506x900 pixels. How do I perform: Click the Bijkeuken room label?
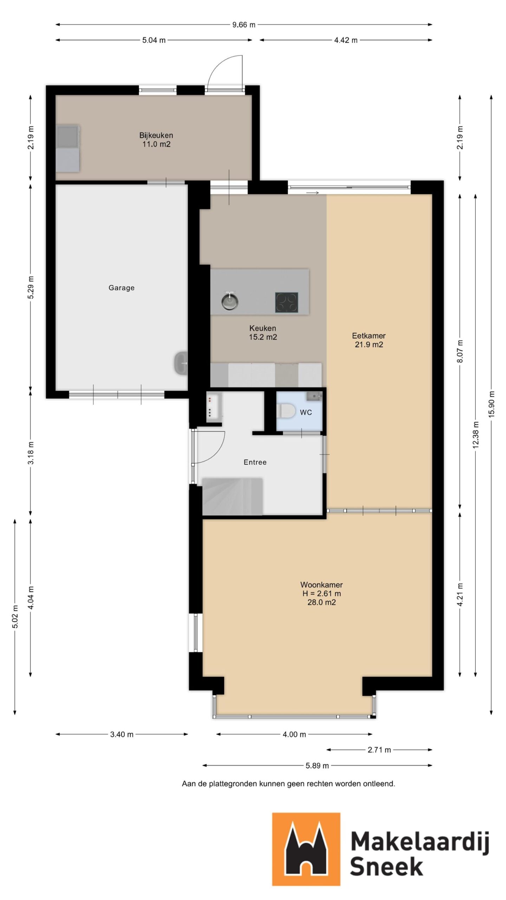click(x=156, y=135)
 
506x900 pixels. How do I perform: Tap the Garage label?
click(x=121, y=288)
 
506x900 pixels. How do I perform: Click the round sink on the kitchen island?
click(x=230, y=301)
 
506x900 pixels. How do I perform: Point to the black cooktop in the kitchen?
click(x=286, y=302)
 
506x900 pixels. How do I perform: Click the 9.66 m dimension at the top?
click(x=244, y=25)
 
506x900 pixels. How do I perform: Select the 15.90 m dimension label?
click(x=491, y=404)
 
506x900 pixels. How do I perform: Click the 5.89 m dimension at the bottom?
click(x=317, y=765)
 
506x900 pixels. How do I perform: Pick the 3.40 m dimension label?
click(x=122, y=734)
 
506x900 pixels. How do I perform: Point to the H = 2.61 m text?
click(x=322, y=593)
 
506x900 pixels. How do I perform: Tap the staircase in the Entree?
click(x=232, y=496)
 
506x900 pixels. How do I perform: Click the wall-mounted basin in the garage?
click(x=181, y=363)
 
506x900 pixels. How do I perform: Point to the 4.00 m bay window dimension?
click(x=294, y=734)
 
